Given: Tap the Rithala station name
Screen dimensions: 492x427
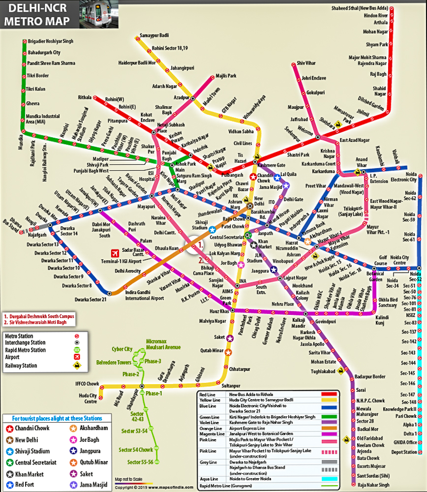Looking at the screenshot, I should coord(85,98).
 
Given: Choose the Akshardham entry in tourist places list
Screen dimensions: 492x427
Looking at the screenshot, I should coord(94,428).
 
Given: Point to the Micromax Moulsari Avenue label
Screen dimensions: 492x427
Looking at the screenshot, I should coord(163,344).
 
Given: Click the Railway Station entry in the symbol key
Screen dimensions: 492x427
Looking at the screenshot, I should coord(22,366).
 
